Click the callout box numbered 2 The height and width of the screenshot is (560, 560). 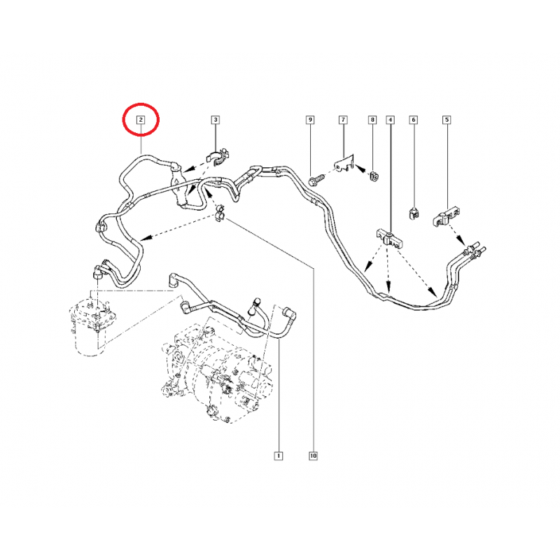(x=141, y=120)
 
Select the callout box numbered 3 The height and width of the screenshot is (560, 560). (x=215, y=120)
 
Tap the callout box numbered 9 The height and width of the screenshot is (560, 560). (x=310, y=120)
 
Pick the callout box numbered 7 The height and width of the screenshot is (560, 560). (x=343, y=120)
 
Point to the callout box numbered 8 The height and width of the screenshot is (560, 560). (x=372, y=120)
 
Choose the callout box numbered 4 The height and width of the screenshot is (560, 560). (x=391, y=120)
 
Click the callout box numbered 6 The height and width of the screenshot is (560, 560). (x=414, y=120)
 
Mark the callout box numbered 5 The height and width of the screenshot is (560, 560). (x=447, y=120)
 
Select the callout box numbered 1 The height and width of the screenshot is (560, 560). (x=278, y=456)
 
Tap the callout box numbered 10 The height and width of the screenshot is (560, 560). (x=313, y=456)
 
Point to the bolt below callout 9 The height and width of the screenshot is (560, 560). (x=317, y=180)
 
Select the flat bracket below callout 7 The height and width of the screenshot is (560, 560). (x=344, y=163)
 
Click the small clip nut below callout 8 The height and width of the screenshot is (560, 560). (x=374, y=176)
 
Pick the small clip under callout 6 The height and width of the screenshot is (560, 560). (x=413, y=213)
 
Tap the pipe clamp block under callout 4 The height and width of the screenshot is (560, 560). (x=390, y=239)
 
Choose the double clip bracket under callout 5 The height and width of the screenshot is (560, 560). (x=446, y=216)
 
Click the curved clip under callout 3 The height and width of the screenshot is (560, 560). (x=218, y=157)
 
